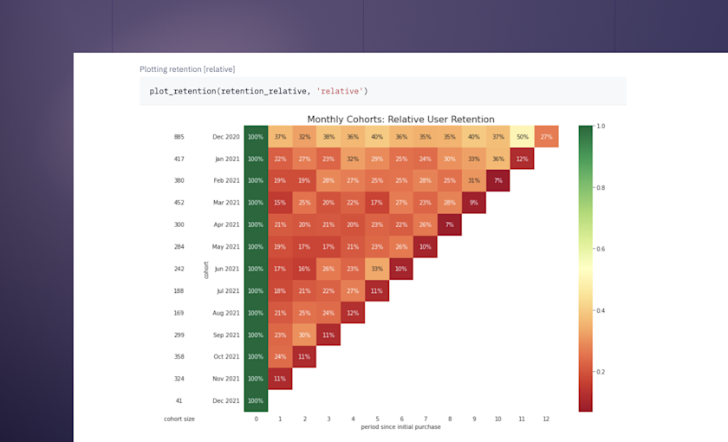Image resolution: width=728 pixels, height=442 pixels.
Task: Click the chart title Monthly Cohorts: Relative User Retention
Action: click(x=400, y=119)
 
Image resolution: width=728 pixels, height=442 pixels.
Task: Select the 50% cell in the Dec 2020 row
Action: click(x=523, y=137)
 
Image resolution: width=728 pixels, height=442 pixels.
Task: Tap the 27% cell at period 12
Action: click(x=546, y=137)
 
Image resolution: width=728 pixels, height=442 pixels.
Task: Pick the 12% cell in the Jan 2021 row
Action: click(x=523, y=159)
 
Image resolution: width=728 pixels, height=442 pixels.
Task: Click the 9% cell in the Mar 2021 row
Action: click(x=473, y=203)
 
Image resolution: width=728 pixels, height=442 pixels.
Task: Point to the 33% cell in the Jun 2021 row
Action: click(x=377, y=269)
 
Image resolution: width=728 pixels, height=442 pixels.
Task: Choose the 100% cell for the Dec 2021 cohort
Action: click(x=256, y=400)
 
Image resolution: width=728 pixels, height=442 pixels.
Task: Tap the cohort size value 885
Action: click(x=179, y=137)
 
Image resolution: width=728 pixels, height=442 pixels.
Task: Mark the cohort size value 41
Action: click(x=179, y=400)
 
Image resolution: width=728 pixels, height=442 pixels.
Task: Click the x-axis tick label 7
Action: click(x=426, y=419)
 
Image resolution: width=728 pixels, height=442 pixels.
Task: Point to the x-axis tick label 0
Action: click(x=256, y=419)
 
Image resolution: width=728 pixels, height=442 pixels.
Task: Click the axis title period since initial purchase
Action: click(x=400, y=426)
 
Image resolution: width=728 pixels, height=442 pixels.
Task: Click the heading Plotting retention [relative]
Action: click(x=187, y=68)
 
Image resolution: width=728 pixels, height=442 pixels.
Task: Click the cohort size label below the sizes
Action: click(x=179, y=419)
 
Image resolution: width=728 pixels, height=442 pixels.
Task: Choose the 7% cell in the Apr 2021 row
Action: click(x=449, y=224)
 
